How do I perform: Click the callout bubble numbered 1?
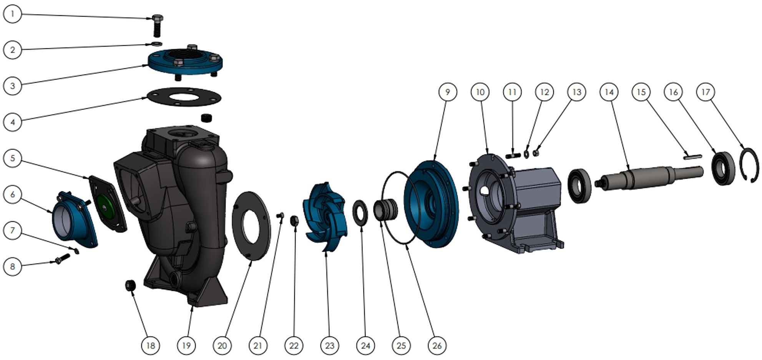(x=13, y=14)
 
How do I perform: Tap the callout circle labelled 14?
(x=609, y=92)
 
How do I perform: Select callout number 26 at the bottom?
(x=437, y=345)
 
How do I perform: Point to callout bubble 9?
(x=448, y=92)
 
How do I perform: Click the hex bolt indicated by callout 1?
(x=157, y=25)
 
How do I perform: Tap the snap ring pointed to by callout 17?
(x=750, y=165)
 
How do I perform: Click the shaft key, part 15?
(x=692, y=157)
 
